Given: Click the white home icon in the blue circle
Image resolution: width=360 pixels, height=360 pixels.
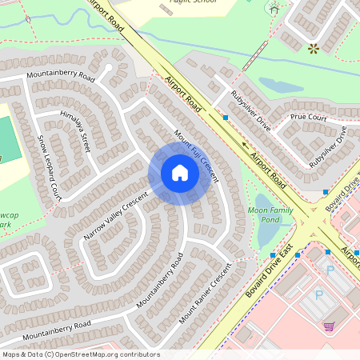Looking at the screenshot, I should [x=180, y=173].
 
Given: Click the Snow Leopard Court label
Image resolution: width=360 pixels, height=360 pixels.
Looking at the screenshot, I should [x=49, y=166].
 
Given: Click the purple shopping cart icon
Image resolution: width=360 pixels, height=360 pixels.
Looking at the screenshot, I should [x=329, y=326].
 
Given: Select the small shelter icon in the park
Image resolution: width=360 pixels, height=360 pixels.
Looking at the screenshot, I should [x=274, y=10].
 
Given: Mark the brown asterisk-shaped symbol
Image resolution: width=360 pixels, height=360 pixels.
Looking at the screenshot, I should [x=313, y=49].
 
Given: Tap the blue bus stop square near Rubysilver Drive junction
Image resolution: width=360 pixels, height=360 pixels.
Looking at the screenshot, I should [x=226, y=118].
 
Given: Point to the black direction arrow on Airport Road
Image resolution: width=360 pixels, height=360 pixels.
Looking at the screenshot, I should [x=245, y=146].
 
